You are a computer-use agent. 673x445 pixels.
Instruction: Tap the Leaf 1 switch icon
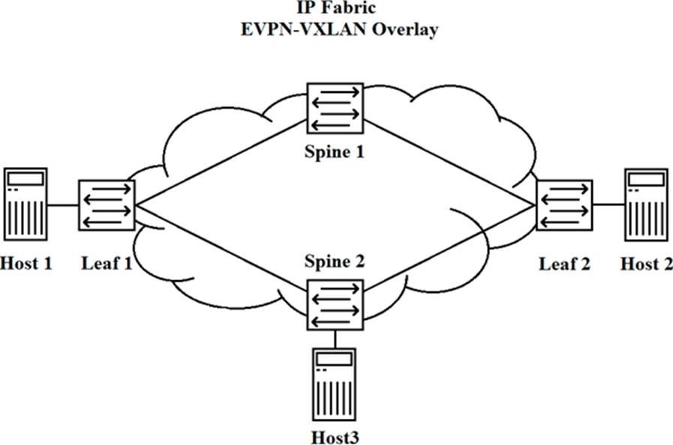[x=106, y=204]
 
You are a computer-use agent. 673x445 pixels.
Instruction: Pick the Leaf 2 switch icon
[x=564, y=204]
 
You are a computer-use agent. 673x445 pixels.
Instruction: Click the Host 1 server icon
[x=26, y=204]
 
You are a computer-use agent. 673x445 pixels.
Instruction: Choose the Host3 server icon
[x=335, y=386]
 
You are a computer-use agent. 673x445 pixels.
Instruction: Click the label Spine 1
[x=335, y=152]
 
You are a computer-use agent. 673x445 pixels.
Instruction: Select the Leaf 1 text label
[x=106, y=263]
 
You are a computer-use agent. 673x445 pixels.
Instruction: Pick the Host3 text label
[x=335, y=434]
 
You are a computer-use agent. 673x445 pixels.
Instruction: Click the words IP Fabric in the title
[x=335, y=11]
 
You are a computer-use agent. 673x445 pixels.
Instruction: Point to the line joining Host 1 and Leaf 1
[x=64, y=204]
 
